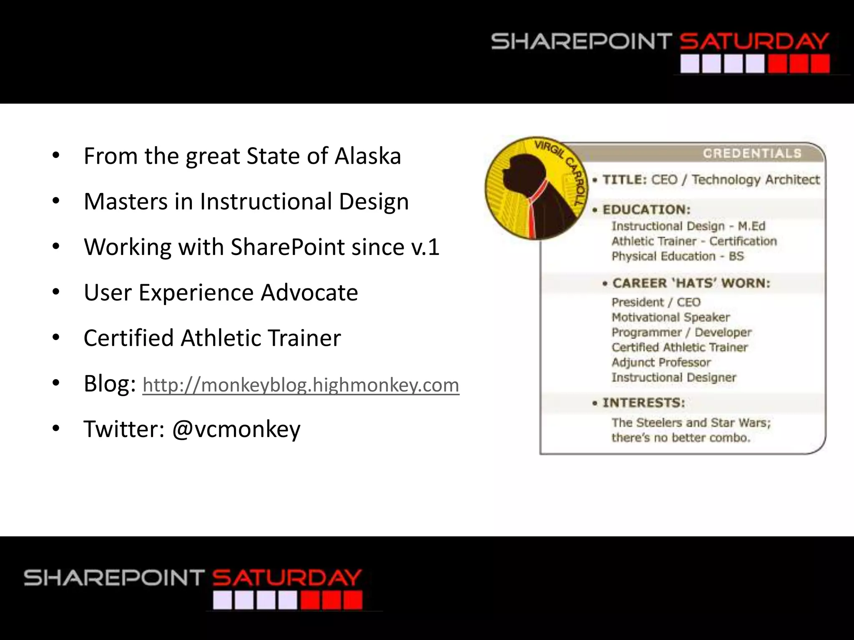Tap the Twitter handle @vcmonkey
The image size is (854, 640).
(x=236, y=429)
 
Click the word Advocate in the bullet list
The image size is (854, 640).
(x=309, y=292)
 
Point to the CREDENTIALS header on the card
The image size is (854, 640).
(x=752, y=153)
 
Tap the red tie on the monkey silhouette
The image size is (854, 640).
(x=534, y=208)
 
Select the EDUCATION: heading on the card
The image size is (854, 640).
(x=646, y=210)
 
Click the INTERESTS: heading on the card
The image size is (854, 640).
(x=643, y=403)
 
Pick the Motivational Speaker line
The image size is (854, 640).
(x=671, y=317)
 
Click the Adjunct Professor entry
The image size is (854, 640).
(x=661, y=362)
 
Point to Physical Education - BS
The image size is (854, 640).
(x=677, y=256)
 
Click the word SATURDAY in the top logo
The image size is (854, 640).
(x=754, y=42)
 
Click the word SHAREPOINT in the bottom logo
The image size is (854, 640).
(x=114, y=578)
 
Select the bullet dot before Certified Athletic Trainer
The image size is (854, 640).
(x=56, y=338)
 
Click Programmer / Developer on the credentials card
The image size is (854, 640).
(x=681, y=332)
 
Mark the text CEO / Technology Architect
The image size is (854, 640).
(x=735, y=180)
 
